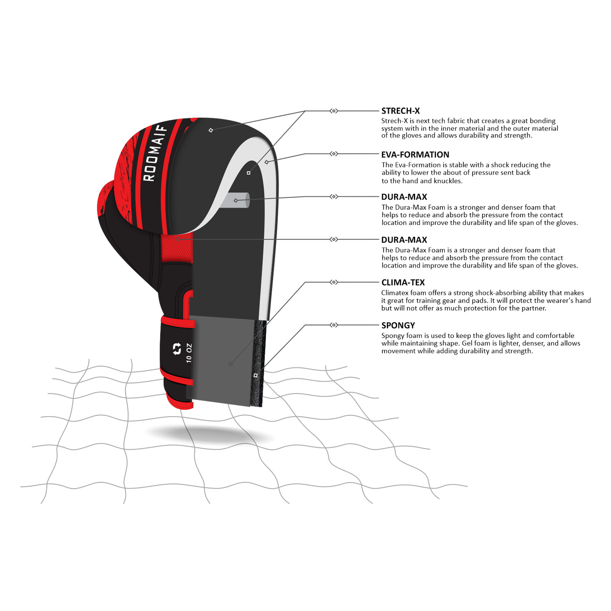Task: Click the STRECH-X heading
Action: pyautogui.click(x=400, y=111)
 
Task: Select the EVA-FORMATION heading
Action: pyautogui.click(x=415, y=155)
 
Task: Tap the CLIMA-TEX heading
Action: pyautogui.click(x=403, y=283)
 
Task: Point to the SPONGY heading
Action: pyautogui.click(x=398, y=325)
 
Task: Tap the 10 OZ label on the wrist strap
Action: pyautogui.click(x=189, y=353)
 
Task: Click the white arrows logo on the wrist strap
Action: pyautogui.click(x=177, y=349)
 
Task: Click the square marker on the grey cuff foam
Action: pyautogui.click(x=231, y=364)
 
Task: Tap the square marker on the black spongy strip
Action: pyautogui.click(x=256, y=375)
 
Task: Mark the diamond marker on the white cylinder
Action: pyautogui.click(x=236, y=200)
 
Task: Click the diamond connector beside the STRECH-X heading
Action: pyautogui.click(x=334, y=111)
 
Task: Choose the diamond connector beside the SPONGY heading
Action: pyautogui.click(x=334, y=325)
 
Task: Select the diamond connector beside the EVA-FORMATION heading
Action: pyautogui.click(x=334, y=154)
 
